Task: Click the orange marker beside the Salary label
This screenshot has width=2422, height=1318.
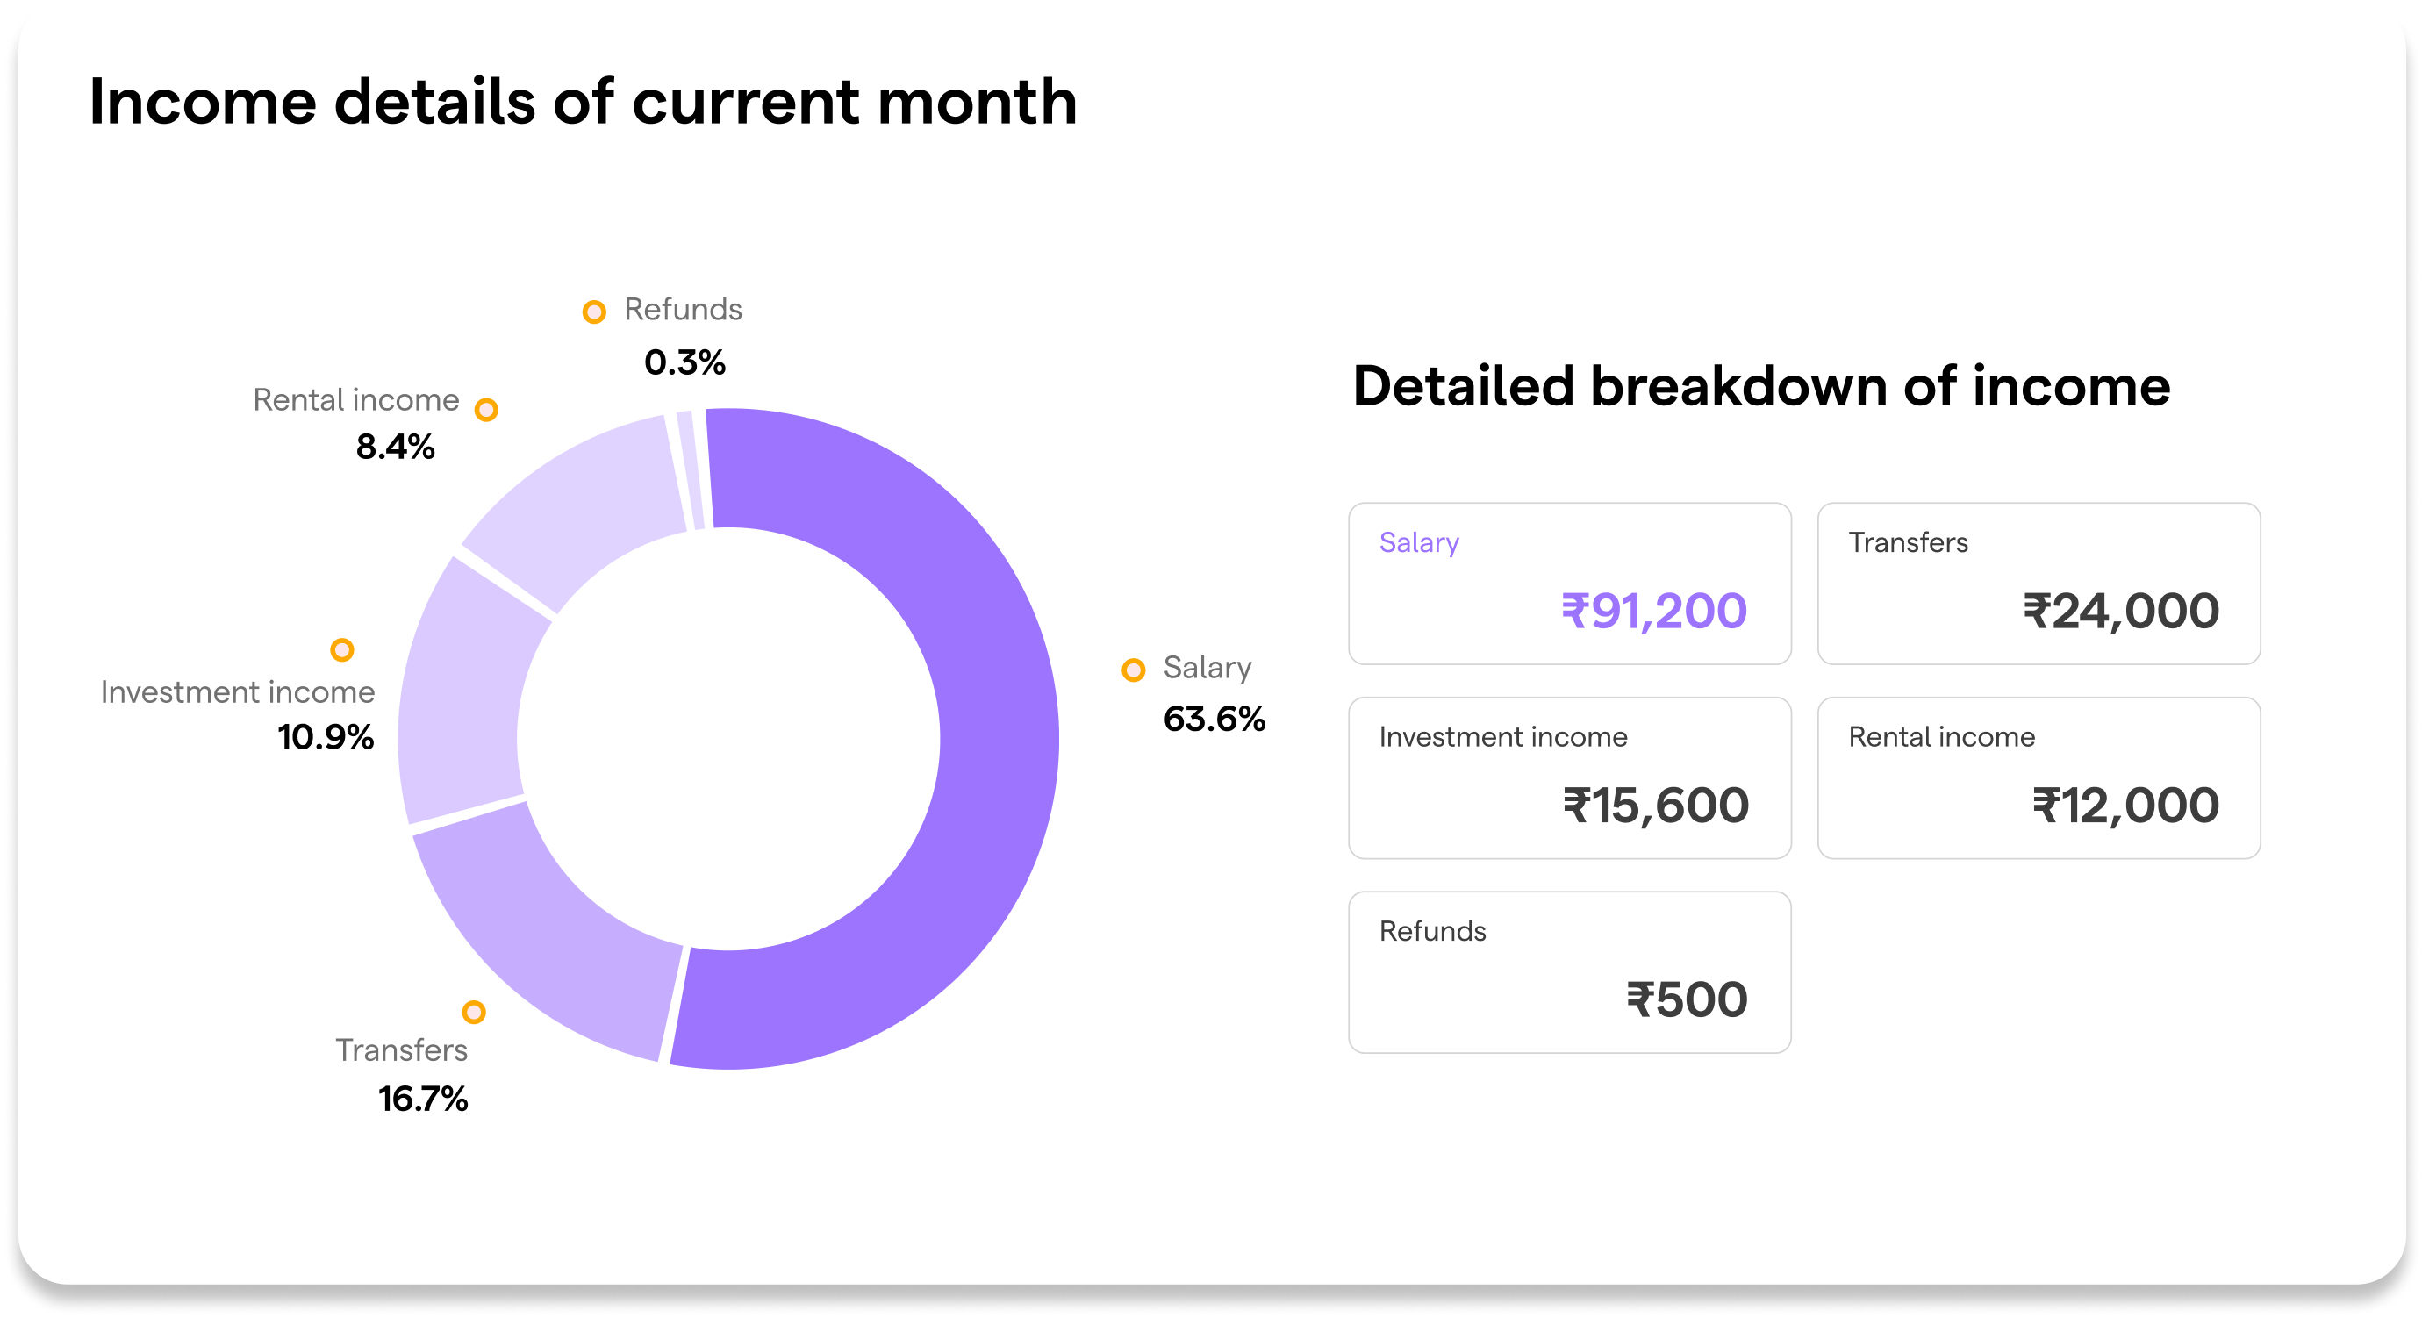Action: click(1133, 670)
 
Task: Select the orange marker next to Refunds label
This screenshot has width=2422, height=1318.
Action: click(594, 312)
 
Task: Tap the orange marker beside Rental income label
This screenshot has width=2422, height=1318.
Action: click(486, 410)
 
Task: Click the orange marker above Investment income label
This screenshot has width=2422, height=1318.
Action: click(342, 649)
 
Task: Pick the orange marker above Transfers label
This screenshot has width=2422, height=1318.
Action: click(474, 1012)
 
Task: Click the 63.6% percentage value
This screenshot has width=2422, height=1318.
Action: click(1214, 720)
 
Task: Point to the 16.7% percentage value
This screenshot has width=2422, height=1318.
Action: click(423, 1099)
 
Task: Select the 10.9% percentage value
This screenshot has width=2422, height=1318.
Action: click(326, 737)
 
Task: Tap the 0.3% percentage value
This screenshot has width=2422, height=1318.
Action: click(684, 362)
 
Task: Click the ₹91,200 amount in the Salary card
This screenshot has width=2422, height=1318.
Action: click(1654, 611)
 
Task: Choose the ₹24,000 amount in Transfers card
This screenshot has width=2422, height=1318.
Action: click(2121, 611)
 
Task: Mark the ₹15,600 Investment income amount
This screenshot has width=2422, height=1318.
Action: click(1656, 806)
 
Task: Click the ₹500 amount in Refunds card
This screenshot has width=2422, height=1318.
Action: click(1687, 999)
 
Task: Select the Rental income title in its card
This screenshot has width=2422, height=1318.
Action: click(1941, 736)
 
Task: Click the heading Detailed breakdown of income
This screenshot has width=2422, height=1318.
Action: click(1761, 386)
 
